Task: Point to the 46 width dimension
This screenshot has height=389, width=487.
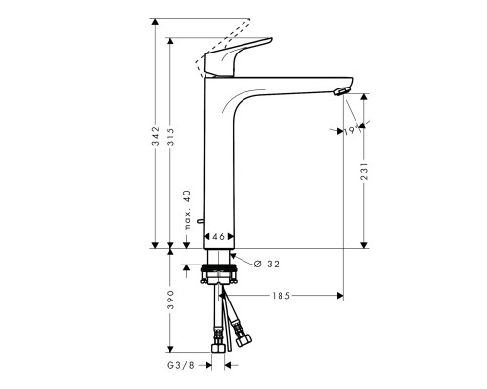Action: [x=220, y=237]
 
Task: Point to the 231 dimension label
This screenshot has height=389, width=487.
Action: [x=363, y=172]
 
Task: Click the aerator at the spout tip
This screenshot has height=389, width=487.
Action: [x=338, y=92]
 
